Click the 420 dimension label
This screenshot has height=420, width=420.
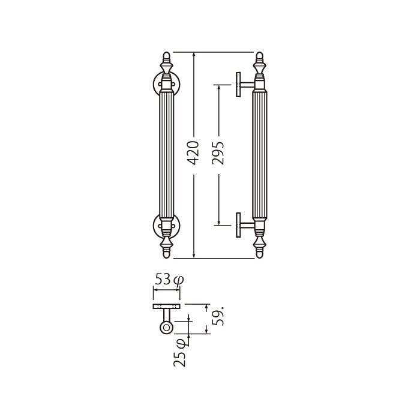pyautogui.click(x=193, y=152)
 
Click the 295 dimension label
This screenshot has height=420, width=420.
pyautogui.click(x=218, y=152)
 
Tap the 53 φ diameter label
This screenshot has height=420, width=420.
pyautogui.click(x=169, y=280)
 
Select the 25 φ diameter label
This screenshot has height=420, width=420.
pyautogui.click(x=180, y=353)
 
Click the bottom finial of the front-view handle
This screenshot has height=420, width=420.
pyautogui.click(x=166, y=247)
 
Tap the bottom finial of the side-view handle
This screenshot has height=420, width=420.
pyautogui.click(x=259, y=247)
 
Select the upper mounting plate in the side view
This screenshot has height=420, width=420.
pyautogui.click(x=238, y=85)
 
